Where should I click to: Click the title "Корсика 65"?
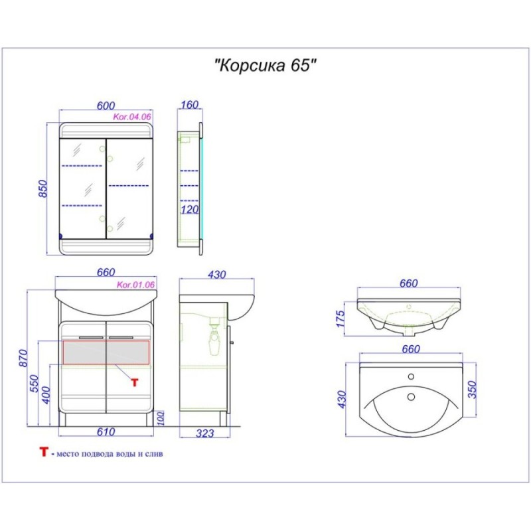tap(266, 65)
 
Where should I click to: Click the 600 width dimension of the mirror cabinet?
tap(106, 106)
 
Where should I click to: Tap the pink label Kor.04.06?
tap(131, 117)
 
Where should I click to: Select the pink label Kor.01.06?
tap(135, 285)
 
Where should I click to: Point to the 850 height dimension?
tap(43, 189)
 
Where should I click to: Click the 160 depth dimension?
tap(189, 105)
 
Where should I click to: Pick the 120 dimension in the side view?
tap(189, 210)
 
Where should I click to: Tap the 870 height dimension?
tap(23, 358)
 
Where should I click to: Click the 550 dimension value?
tap(35, 384)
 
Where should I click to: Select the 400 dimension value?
tap(46, 395)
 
